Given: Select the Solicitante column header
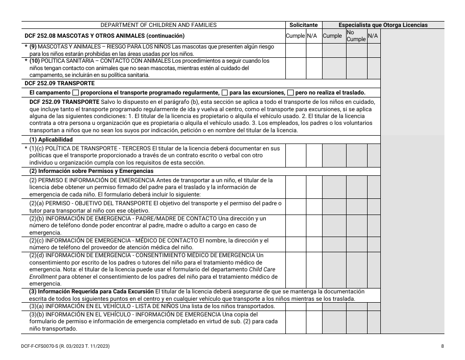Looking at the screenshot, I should tap(303, 25).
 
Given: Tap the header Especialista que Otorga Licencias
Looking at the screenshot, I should tap(383, 25).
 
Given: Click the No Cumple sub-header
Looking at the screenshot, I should tap(356, 36).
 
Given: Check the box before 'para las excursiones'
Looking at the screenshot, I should tap(225, 93).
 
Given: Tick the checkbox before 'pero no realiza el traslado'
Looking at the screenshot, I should tap(290, 93).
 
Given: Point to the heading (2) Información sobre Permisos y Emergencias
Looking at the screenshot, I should tap(92, 171).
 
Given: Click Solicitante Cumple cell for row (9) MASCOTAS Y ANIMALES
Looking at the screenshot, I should tap(296, 50).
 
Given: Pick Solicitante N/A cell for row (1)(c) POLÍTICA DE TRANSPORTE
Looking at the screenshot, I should tap(314, 155).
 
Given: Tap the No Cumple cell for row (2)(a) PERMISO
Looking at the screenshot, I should tap(356, 206).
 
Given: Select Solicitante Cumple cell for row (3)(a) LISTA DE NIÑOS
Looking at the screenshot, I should tap(296, 306).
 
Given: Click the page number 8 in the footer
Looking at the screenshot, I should tap(442, 346).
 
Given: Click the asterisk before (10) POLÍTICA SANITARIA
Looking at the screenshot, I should tap(26, 61).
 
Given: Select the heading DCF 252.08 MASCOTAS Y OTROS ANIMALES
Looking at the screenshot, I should tap(104, 36).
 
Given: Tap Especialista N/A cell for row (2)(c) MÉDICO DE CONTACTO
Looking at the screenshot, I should tap(373, 244).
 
